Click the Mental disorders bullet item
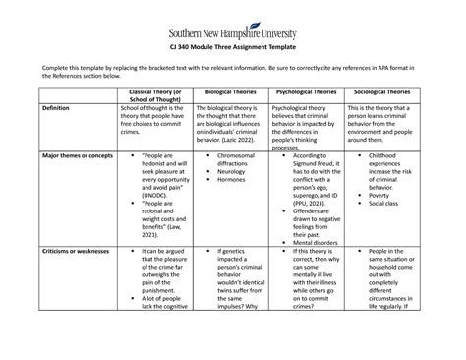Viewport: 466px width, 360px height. tap(315, 241)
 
